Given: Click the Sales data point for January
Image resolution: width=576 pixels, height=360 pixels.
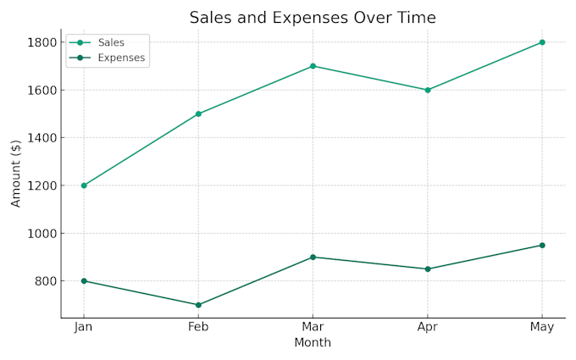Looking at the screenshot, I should point(84,186).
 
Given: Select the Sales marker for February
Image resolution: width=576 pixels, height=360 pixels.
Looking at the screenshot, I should point(198,114).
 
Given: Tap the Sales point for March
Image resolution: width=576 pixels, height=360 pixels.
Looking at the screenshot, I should point(313,66).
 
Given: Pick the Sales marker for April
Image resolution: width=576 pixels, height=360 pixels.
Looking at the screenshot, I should point(428,90).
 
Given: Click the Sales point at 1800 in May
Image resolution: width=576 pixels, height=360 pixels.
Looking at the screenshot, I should point(542,42).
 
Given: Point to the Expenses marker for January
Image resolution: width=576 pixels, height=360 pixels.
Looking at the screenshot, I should point(84,281).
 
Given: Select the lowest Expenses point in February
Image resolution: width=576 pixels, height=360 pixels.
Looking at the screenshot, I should point(198,305).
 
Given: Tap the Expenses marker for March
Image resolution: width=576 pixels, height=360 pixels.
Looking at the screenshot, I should point(313,257).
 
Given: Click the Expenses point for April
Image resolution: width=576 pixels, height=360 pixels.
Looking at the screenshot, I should point(428,269).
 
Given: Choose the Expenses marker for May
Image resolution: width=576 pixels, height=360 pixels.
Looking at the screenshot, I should point(542,245).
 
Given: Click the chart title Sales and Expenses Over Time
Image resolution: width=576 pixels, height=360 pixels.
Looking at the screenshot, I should point(313,17).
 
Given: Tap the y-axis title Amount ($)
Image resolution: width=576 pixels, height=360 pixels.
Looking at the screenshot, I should point(16,174).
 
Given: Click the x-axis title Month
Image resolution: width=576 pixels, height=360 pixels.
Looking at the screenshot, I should point(313,343).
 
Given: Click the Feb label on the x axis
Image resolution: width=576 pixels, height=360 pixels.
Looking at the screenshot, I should point(198,327).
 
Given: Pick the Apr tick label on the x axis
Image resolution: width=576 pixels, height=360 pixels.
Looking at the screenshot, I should point(428,327).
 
